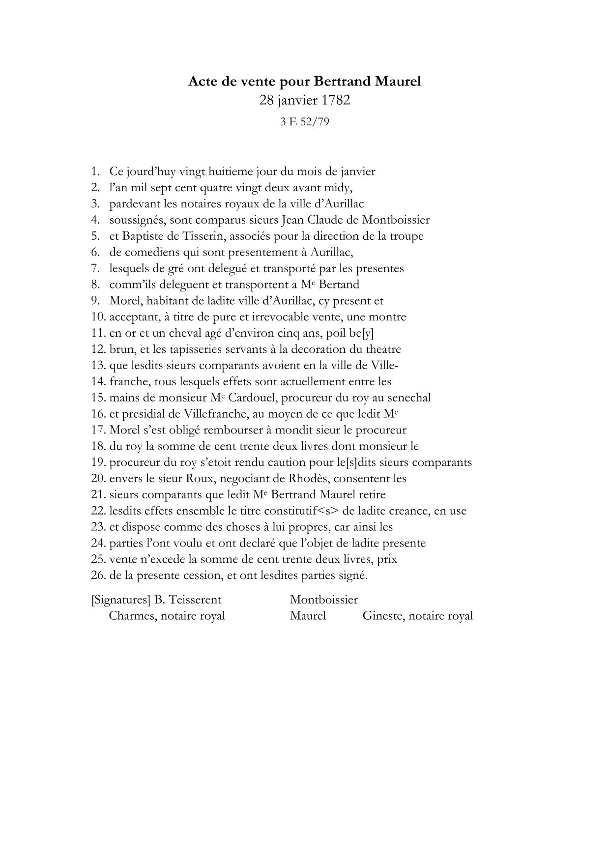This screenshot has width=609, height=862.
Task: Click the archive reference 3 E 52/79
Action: pyautogui.click(x=304, y=122)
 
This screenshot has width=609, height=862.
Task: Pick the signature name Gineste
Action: pyautogui.click(x=382, y=616)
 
